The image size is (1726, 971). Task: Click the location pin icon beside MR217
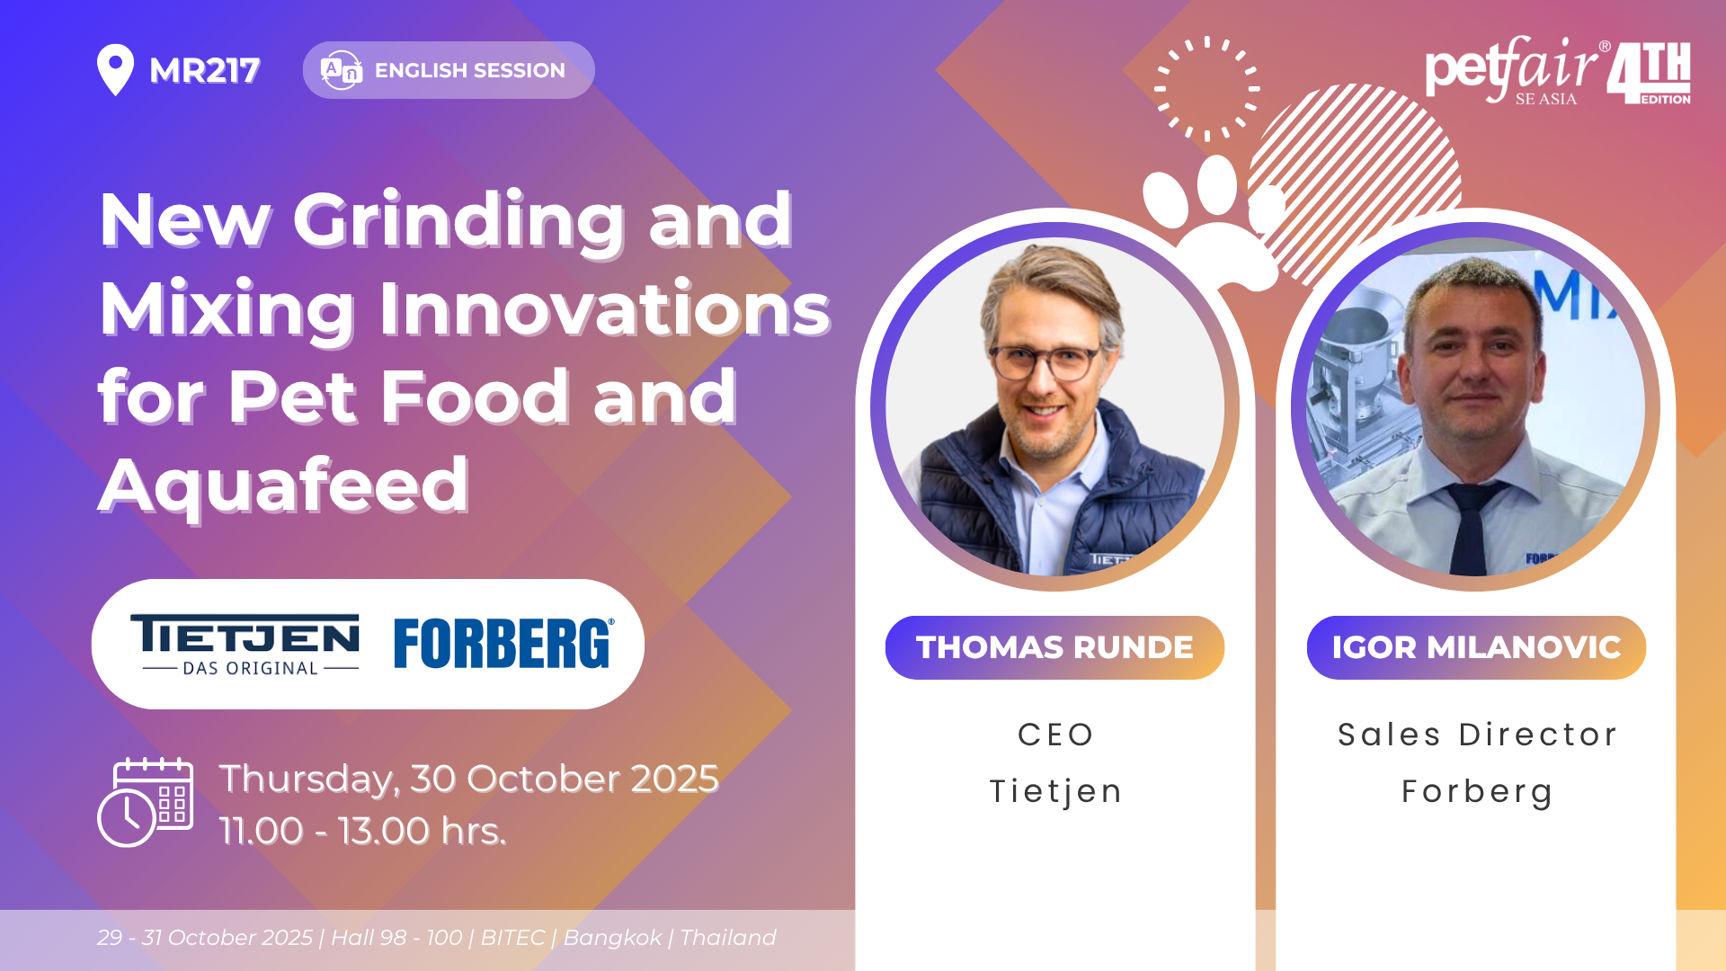pyautogui.click(x=115, y=69)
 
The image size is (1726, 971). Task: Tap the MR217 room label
pyautogui.click(x=205, y=70)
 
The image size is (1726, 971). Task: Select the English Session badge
pyautogui.click(x=449, y=70)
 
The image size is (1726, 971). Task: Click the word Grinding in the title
pyautogui.click(x=458, y=221)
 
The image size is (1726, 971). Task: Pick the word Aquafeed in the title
pyautogui.click(x=283, y=485)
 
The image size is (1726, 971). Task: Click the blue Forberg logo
pyautogui.click(x=504, y=643)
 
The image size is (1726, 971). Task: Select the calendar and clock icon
pyautogui.click(x=145, y=803)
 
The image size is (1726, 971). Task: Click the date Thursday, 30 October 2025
pyautogui.click(x=468, y=779)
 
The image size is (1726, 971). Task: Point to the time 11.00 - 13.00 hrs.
pyautogui.click(x=362, y=831)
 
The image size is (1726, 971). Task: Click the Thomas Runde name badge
pyautogui.click(x=1054, y=647)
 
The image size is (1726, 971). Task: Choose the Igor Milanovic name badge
pyautogui.click(x=1476, y=647)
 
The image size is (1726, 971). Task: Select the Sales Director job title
pyautogui.click(x=1477, y=735)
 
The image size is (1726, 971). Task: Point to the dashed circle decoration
pyautogui.click(x=1207, y=89)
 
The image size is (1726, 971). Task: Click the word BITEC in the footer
pyautogui.click(x=512, y=938)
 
